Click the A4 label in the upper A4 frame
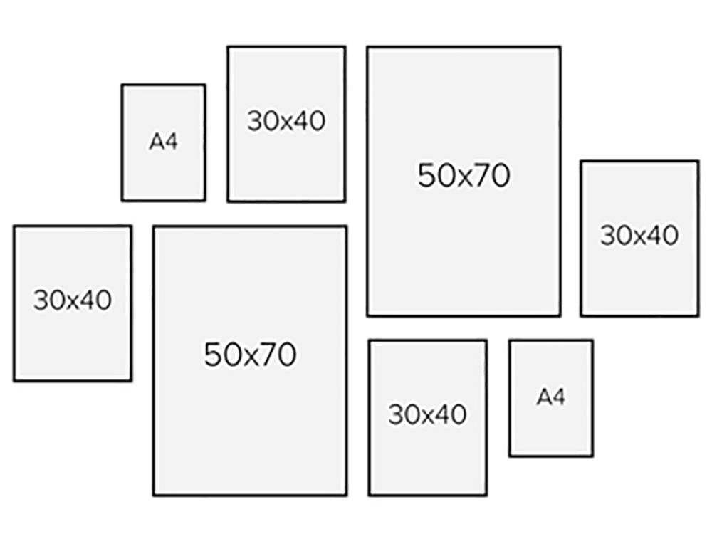coord(163,142)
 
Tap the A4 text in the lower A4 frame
coord(550,397)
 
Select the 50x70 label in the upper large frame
coord(464,175)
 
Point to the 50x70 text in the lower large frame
coord(250,354)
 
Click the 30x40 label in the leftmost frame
coord(73,300)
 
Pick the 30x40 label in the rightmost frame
coord(639,236)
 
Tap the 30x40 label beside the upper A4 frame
coord(286,121)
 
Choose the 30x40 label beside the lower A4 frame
coord(427,414)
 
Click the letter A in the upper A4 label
coord(156,142)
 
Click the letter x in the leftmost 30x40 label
coord(73,302)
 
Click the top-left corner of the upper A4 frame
coord(122,85)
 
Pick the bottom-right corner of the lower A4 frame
coord(592,455)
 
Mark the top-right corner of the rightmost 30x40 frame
coord(698,162)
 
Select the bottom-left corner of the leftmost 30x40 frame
coord(14,380)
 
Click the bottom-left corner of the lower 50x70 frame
coord(154,494)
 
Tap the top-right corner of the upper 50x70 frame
coord(560,48)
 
